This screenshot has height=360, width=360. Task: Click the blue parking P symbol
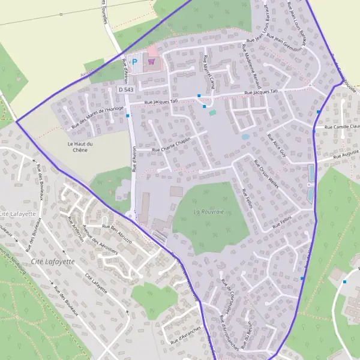tap(135, 61)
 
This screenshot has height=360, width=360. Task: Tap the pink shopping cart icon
tap(152, 61)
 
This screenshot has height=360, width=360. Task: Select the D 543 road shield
tap(125, 89)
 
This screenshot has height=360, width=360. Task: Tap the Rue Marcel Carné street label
tap(209, 71)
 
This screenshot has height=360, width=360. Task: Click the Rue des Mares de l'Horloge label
tap(97, 118)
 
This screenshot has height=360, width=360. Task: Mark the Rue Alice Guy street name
tap(277, 145)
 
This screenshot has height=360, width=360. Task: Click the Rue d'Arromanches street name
tap(231, 328)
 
